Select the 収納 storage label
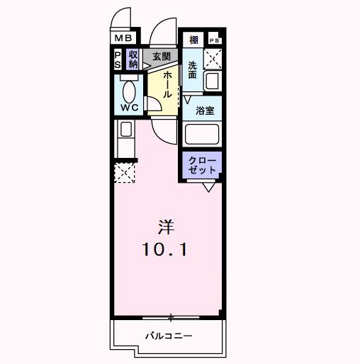[133, 59]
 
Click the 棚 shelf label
[193, 40]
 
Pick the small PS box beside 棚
[213, 40]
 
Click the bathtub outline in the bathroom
[203, 135]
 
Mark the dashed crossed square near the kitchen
[125, 173]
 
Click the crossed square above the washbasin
[213, 59]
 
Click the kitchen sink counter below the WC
[125, 130]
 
